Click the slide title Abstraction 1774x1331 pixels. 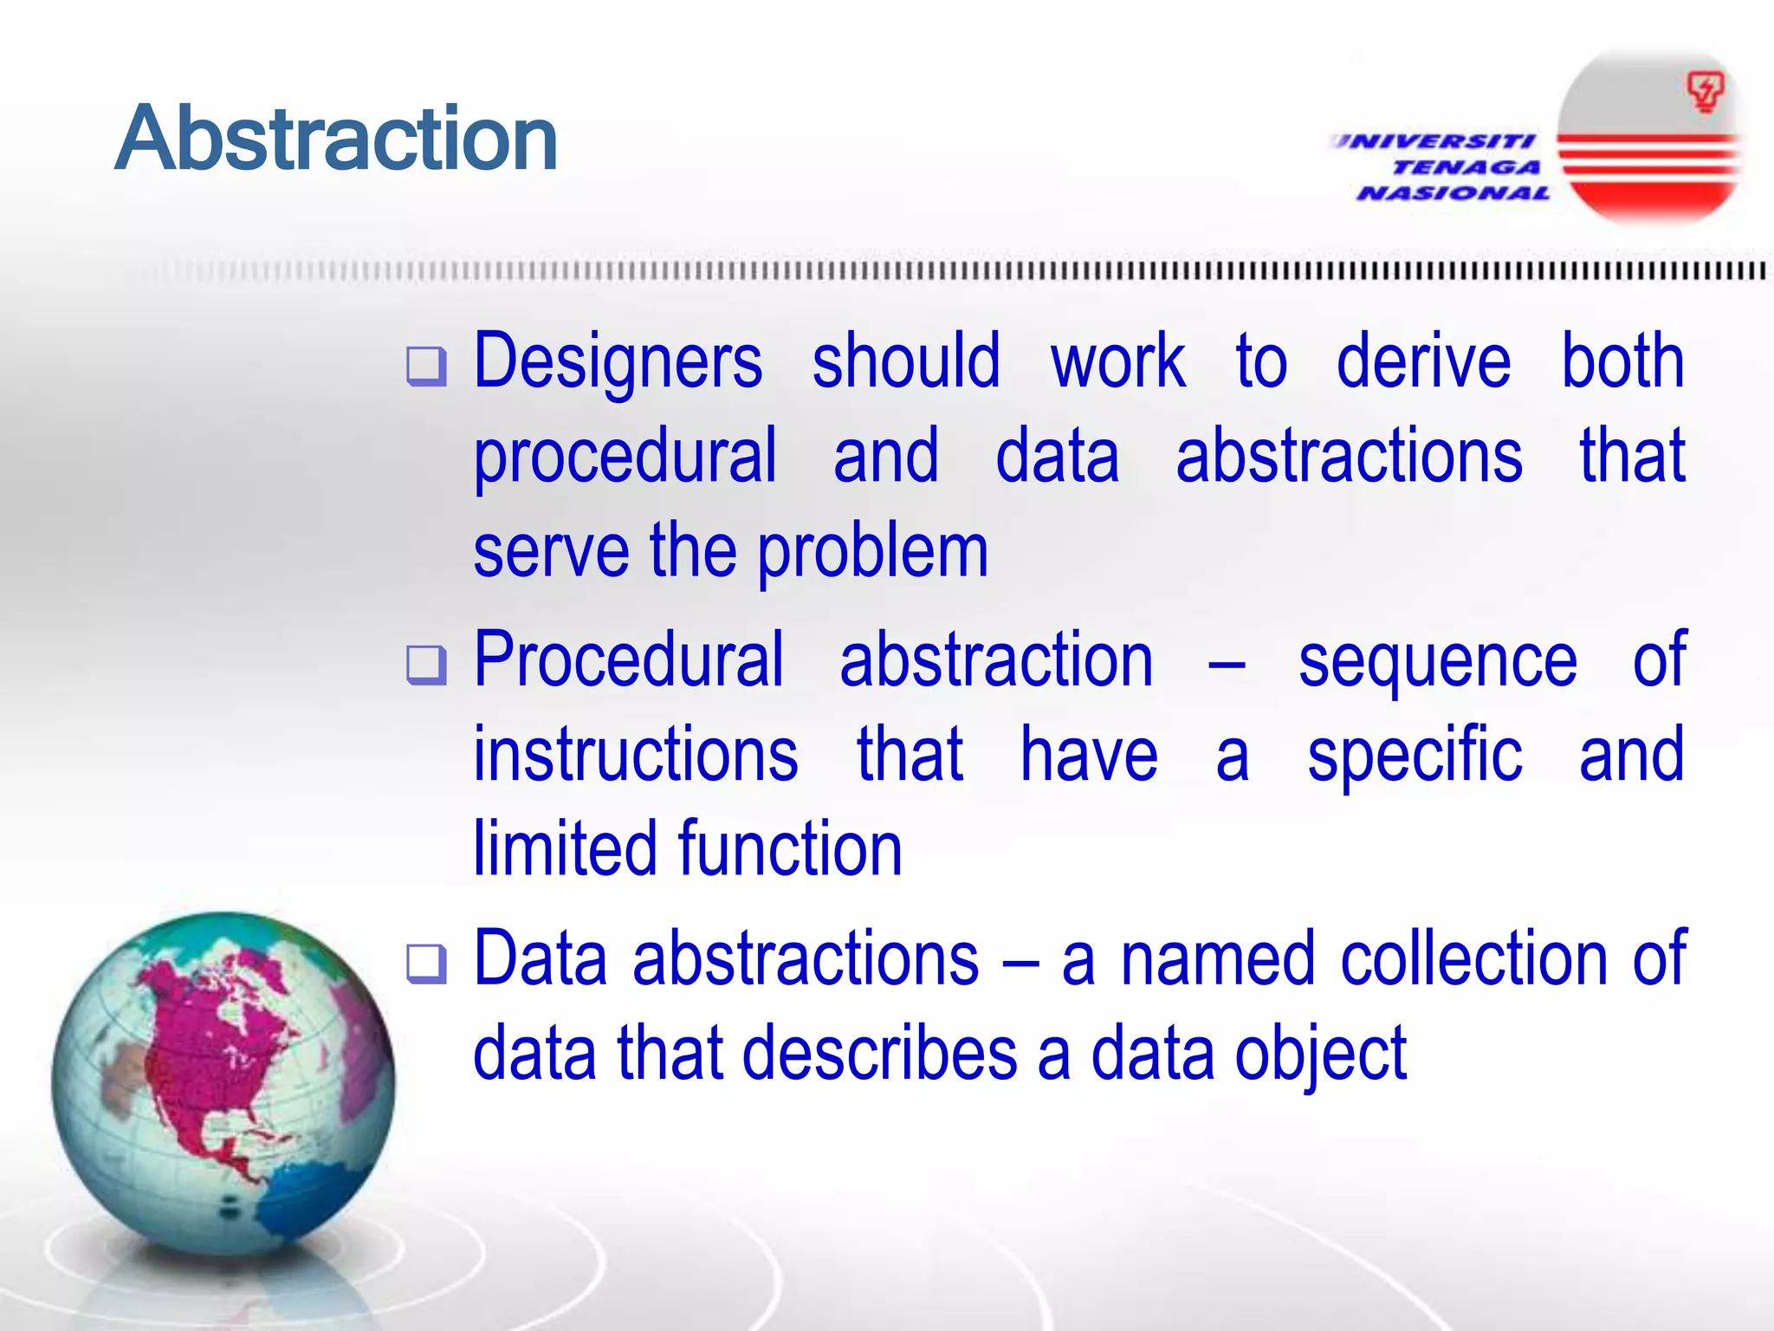[336, 139]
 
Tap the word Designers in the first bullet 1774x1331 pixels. [618, 362]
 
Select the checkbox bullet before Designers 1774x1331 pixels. [426, 366]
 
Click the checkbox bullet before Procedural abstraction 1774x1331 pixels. [426, 665]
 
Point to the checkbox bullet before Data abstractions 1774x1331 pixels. [426, 964]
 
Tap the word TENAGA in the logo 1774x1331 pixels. [1466, 167]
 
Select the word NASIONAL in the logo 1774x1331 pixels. [1454, 193]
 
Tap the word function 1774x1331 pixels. [790, 848]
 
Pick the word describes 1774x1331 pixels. [879, 1054]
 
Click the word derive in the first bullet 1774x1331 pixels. [1423, 360]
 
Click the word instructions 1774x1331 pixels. [635, 755]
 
